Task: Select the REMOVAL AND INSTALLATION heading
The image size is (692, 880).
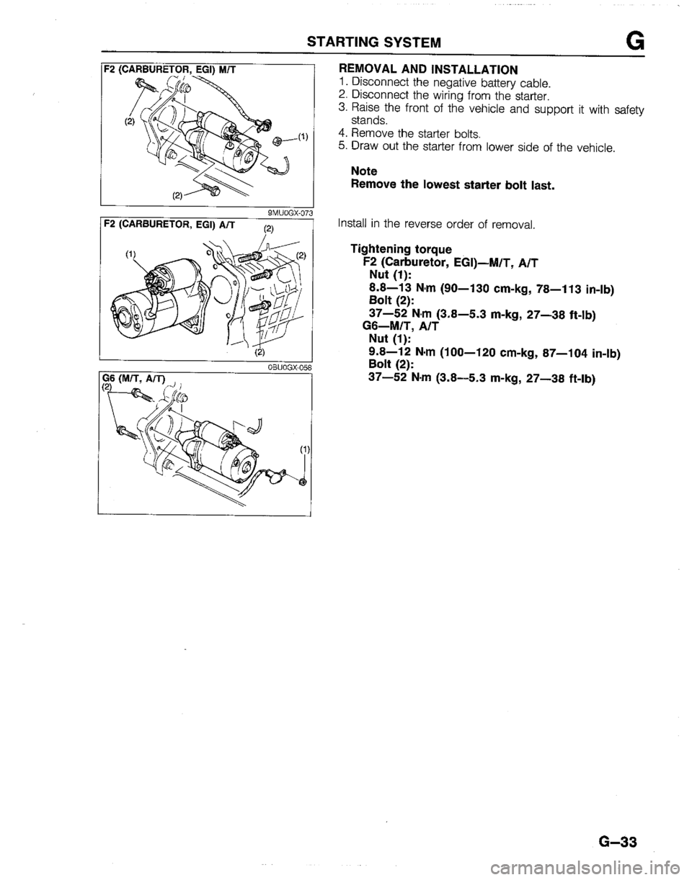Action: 427,70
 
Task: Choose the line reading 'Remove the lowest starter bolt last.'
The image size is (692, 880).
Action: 452,185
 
